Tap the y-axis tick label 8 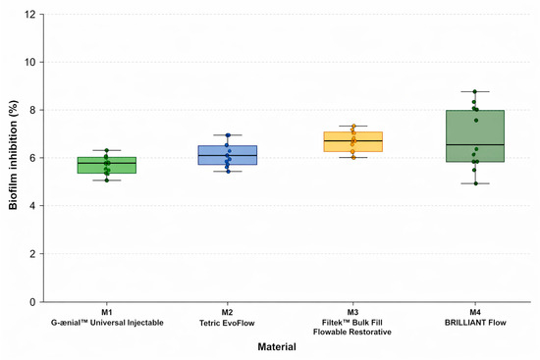click(x=32, y=110)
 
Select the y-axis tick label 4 click(x=32, y=206)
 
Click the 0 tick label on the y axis click(x=32, y=302)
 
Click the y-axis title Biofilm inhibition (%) click(x=13, y=155)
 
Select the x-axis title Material click(x=277, y=346)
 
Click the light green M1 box click(x=107, y=165)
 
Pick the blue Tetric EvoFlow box click(x=228, y=155)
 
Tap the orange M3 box click(x=353, y=142)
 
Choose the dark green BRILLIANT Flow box click(x=475, y=136)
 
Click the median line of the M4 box click(x=475, y=144)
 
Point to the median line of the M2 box click(x=228, y=156)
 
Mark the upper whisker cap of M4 click(x=475, y=91)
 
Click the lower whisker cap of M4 click(x=475, y=183)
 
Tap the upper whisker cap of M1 click(x=107, y=150)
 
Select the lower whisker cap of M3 click(x=353, y=157)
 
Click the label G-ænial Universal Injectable click(x=107, y=323)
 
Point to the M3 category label click(x=352, y=312)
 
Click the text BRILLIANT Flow click(x=475, y=323)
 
